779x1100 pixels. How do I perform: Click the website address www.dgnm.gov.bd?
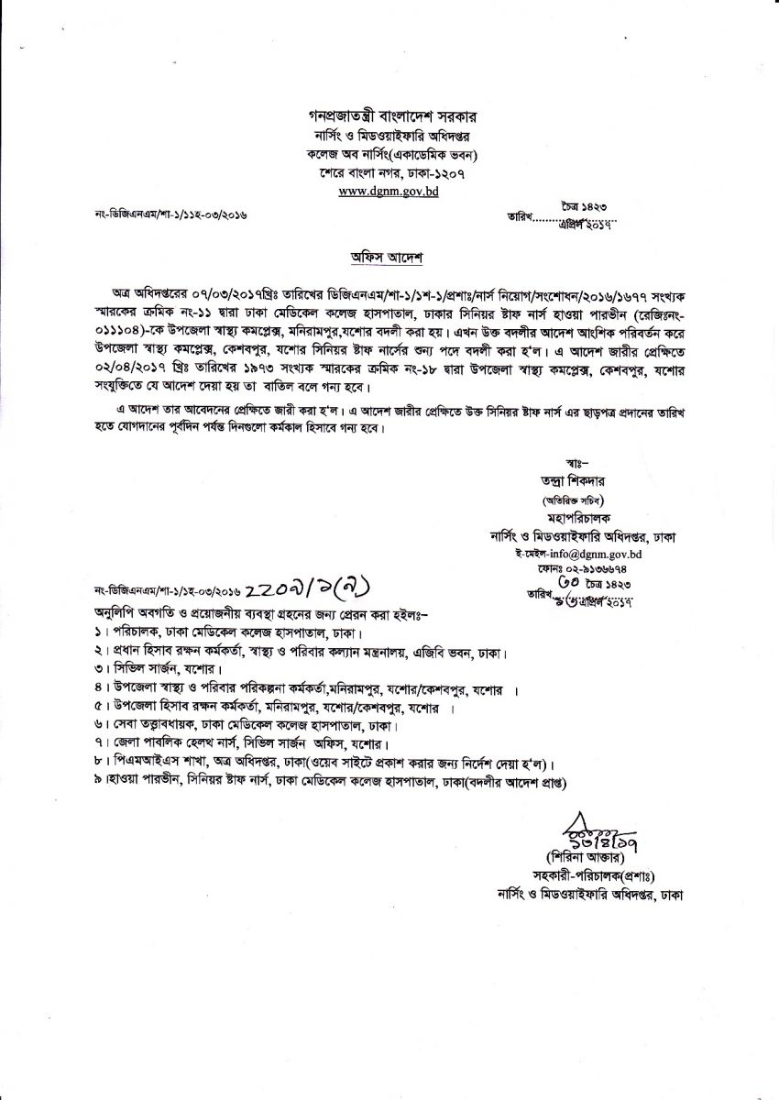coord(387,192)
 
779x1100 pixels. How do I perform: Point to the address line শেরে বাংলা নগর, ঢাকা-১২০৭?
coord(387,173)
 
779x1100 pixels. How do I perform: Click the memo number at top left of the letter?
coord(170,215)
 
